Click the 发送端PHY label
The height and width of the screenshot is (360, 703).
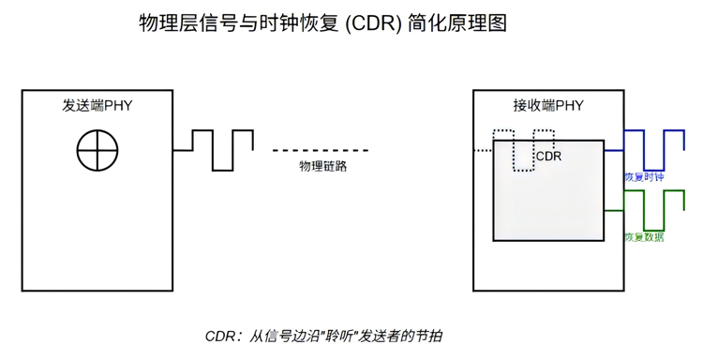coord(97,105)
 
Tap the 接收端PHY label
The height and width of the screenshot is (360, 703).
coord(548,105)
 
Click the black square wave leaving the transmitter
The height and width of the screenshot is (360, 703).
coord(221,149)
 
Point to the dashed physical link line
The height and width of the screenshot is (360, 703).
coord(321,150)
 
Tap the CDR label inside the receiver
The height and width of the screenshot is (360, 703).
coord(548,157)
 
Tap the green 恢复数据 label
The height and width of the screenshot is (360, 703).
coord(644,237)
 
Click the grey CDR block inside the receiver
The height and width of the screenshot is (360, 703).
coord(548,202)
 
